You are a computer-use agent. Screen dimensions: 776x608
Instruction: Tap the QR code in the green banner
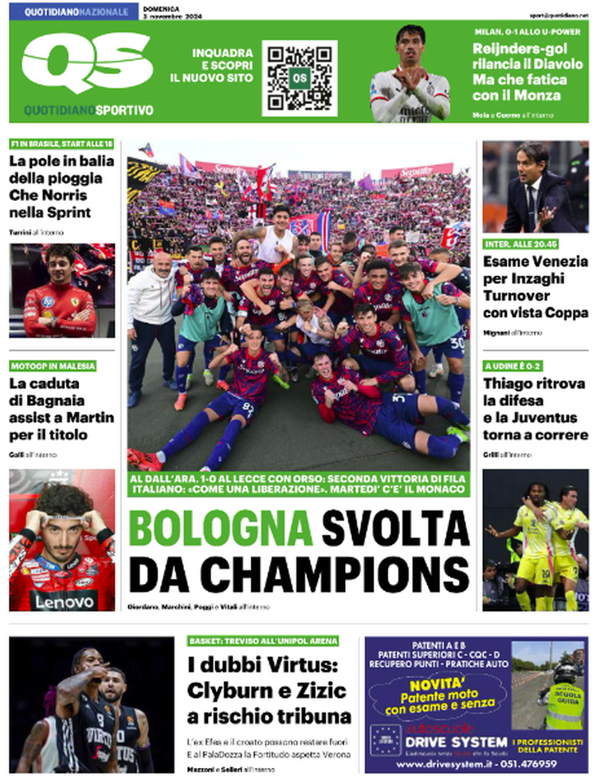[x=299, y=78]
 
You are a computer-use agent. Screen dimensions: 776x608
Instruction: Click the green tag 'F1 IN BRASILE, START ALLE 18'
[x=61, y=144]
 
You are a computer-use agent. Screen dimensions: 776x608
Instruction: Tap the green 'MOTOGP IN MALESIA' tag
[x=53, y=366]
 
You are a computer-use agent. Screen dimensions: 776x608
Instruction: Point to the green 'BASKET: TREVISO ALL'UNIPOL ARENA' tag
[x=264, y=640]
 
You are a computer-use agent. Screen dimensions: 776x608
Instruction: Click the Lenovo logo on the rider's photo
[x=63, y=600]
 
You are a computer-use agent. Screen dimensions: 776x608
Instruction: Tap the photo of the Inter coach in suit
[x=535, y=187]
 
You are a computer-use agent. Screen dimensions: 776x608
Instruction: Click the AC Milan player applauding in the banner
[x=411, y=74]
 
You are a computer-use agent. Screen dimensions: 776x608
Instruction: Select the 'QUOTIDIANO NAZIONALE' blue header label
[x=76, y=12]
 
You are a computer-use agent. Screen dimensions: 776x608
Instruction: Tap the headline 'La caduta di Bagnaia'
[x=61, y=409]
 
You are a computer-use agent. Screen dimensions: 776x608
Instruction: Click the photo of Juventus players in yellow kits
[x=535, y=539]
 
